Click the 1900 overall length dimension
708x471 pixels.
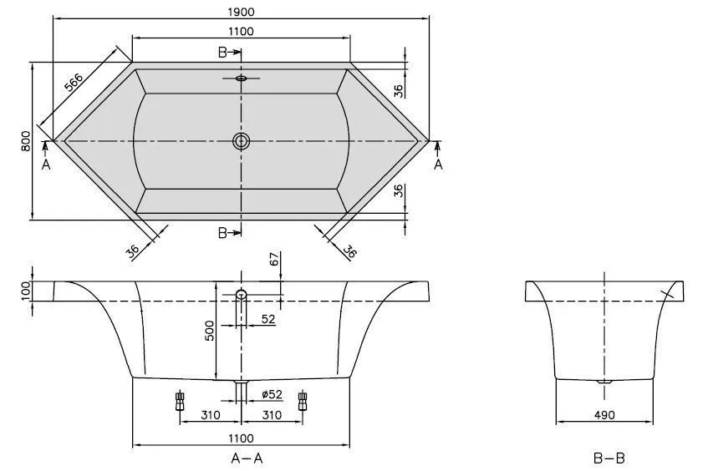pos(241,11)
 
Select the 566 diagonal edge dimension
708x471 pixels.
pos(74,84)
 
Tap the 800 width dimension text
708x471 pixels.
pos(27,141)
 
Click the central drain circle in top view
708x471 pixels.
pos(242,141)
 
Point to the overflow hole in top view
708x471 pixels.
pos(242,79)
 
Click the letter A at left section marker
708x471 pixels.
pos(46,165)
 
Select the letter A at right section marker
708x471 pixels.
pos(438,165)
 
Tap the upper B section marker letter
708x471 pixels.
pos(223,52)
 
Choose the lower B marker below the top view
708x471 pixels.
pos(223,233)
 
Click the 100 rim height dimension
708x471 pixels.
pos(27,291)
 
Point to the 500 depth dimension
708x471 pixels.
pos(211,332)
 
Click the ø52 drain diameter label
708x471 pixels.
pos(271,394)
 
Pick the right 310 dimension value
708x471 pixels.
pos(271,415)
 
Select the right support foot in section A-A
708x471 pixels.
pos(303,401)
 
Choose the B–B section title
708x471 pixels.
pos(609,458)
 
